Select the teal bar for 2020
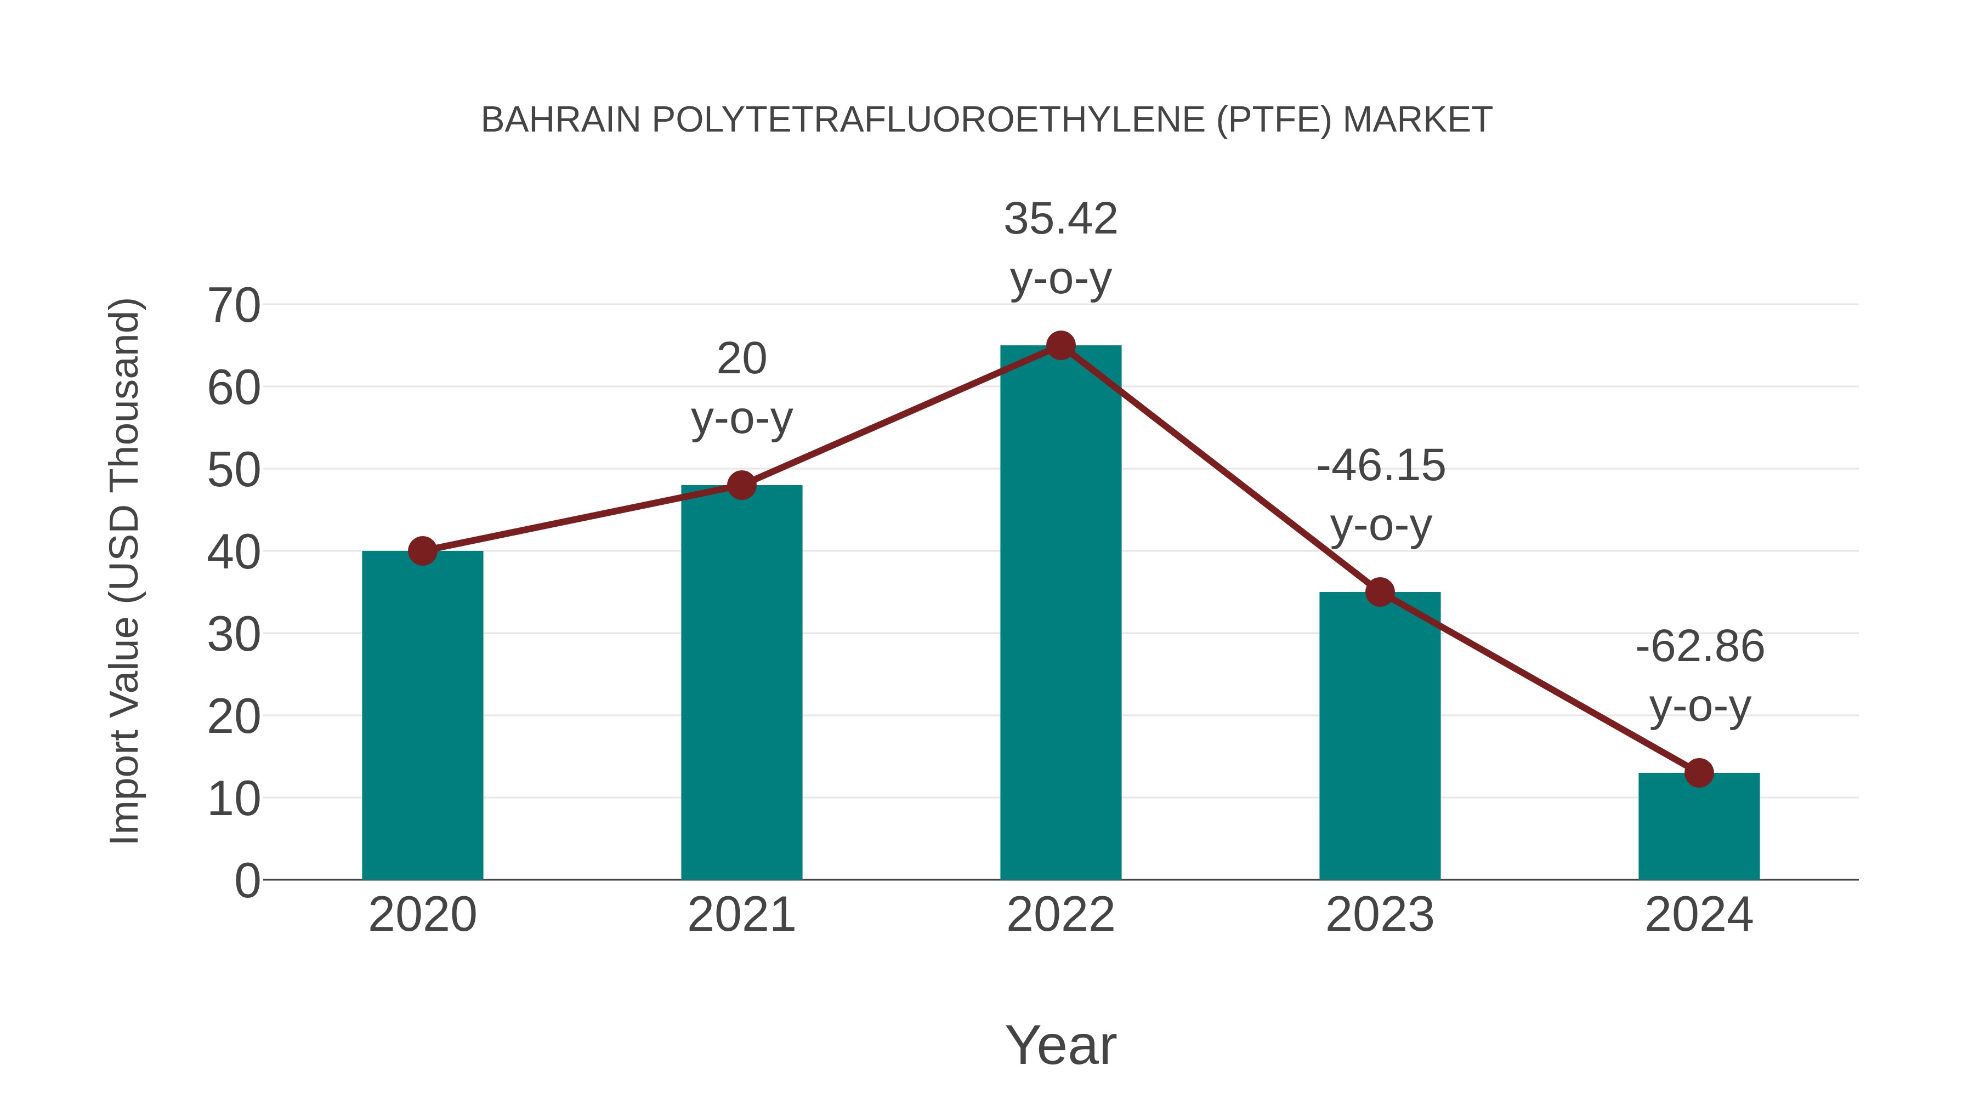[422, 716]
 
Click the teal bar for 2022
[1060, 613]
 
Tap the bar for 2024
[1699, 827]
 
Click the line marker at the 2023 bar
[1380, 592]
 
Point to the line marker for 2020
[422, 551]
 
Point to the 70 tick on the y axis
[234, 306]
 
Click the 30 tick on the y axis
[234, 635]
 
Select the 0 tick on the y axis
[247, 881]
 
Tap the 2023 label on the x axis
[1380, 915]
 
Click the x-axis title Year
[1060, 1046]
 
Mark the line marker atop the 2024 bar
[1699, 773]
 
